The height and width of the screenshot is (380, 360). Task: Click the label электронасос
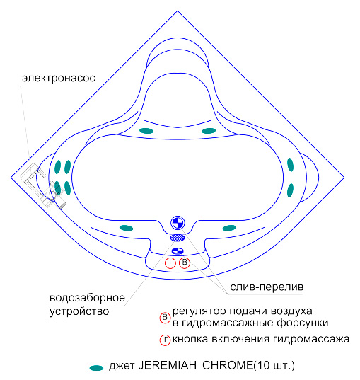coord(59,79)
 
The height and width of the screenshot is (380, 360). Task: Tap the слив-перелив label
coord(267,287)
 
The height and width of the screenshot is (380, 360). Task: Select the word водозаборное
coord(87,298)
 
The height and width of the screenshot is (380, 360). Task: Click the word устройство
coord(79,311)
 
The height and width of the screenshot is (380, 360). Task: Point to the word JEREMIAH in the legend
coord(167,365)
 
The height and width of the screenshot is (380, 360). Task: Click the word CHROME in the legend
coord(228,365)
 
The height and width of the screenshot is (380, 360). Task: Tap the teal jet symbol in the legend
coord(96,368)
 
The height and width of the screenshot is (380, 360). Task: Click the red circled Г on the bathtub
coord(170,263)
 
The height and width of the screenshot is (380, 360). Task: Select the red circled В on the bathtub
coord(185,263)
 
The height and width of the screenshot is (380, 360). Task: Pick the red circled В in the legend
coord(165,318)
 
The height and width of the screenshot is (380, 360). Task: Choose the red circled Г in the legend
coord(165,340)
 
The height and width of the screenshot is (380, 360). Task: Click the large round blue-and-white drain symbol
coord(178,223)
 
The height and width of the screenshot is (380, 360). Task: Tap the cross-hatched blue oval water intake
coord(178,238)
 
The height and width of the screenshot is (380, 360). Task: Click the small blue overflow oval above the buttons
coord(178,251)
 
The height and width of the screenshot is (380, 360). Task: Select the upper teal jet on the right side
coord(290,165)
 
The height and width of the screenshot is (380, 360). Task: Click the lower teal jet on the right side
coord(290,190)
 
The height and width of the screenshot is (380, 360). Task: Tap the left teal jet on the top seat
coord(146,131)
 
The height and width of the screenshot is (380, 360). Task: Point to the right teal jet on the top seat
coord(209,131)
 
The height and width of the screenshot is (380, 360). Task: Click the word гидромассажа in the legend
coord(311,340)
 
